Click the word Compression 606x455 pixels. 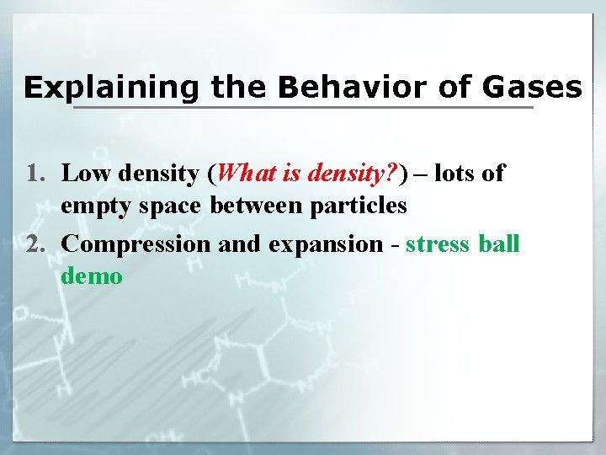click(137, 244)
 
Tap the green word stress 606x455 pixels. click(439, 244)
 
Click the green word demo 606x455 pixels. click(92, 276)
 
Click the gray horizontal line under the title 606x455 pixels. click(303, 108)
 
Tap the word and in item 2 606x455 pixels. click(237, 244)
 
